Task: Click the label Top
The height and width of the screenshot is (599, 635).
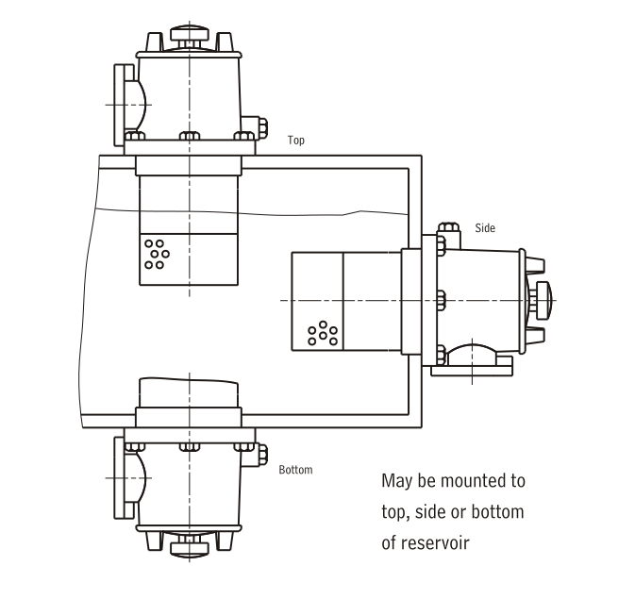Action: (296, 141)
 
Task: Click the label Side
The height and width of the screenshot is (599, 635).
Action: (485, 228)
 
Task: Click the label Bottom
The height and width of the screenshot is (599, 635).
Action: (295, 470)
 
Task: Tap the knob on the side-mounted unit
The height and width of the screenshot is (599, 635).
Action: (543, 300)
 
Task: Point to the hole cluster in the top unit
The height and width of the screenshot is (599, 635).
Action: (157, 255)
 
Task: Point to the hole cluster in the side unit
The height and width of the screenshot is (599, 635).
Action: (323, 333)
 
